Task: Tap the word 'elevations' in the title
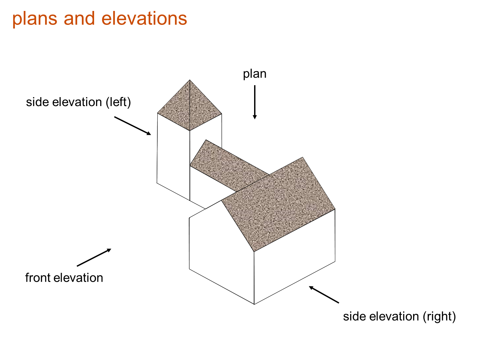pyautogui.click(x=144, y=18)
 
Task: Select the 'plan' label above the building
pyautogui.click(x=254, y=74)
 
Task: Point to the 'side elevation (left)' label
pyautogui.click(x=79, y=102)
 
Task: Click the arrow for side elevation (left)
pyautogui.click(x=133, y=126)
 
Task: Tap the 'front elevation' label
pyautogui.click(x=64, y=277)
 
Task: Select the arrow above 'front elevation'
pyautogui.click(x=94, y=257)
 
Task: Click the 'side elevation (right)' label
pyautogui.click(x=399, y=316)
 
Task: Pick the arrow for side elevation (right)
pyautogui.click(x=324, y=294)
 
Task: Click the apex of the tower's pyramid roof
pyautogui.click(x=190, y=80)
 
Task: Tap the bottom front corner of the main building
pyautogui.click(x=254, y=304)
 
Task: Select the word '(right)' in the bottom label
pyautogui.click(x=439, y=316)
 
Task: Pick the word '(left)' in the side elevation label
pyautogui.click(x=118, y=102)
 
